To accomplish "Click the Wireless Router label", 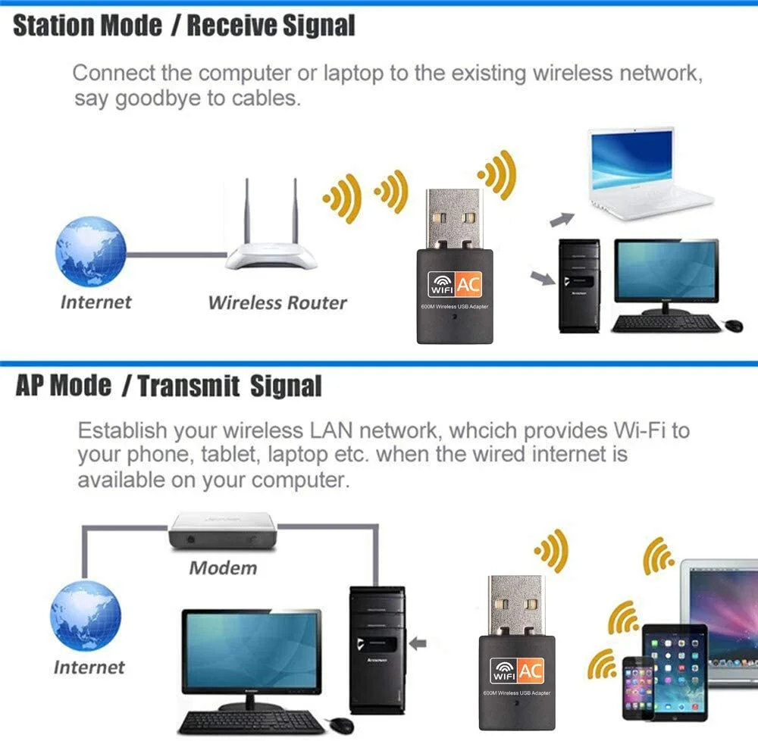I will (x=277, y=303).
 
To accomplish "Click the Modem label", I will (x=223, y=567).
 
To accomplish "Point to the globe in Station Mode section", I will (x=89, y=252).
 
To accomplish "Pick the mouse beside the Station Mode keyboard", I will (x=734, y=325).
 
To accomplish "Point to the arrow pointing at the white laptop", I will (x=562, y=219).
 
